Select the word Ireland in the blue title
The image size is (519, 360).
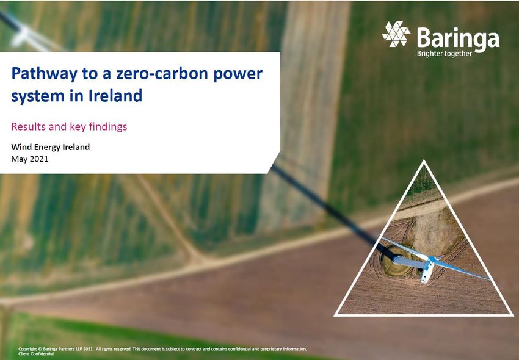[115, 95]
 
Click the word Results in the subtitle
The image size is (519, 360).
[29, 126]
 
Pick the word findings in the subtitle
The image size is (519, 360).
[108, 127]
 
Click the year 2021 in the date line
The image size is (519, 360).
[38, 159]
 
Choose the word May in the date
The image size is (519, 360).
[19, 159]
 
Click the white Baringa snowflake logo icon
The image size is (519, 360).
[396, 34]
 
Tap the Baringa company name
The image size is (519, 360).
[458, 38]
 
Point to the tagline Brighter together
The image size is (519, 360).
[444, 54]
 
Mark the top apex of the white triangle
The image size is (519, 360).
[424, 160]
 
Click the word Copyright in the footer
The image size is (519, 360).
[27, 349]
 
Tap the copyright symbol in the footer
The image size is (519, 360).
[40, 349]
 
